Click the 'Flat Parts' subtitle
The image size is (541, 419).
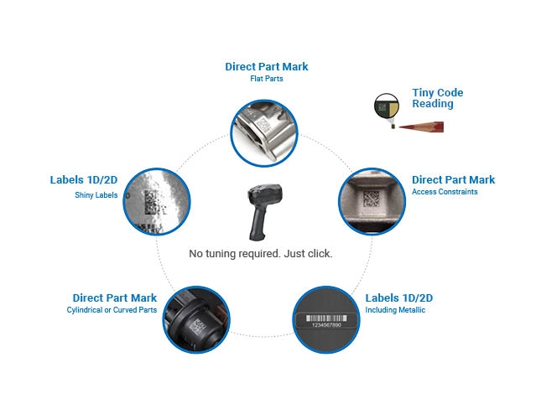click(x=267, y=79)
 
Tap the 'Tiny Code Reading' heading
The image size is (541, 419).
click(x=437, y=98)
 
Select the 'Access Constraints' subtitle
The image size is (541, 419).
click(x=445, y=192)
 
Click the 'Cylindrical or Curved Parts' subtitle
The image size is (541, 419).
click(x=112, y=310)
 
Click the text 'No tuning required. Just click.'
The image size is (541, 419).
click(x=261, y=253)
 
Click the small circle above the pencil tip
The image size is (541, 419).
click(x=386, y=106)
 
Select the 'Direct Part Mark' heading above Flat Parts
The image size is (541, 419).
click(x=267, y=66)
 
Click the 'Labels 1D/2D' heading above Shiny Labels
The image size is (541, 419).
click(x=84, y=180)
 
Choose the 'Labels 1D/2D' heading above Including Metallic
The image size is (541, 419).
click(x=399, y=298)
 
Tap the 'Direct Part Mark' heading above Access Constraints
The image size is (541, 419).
click(x=453, y=179)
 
